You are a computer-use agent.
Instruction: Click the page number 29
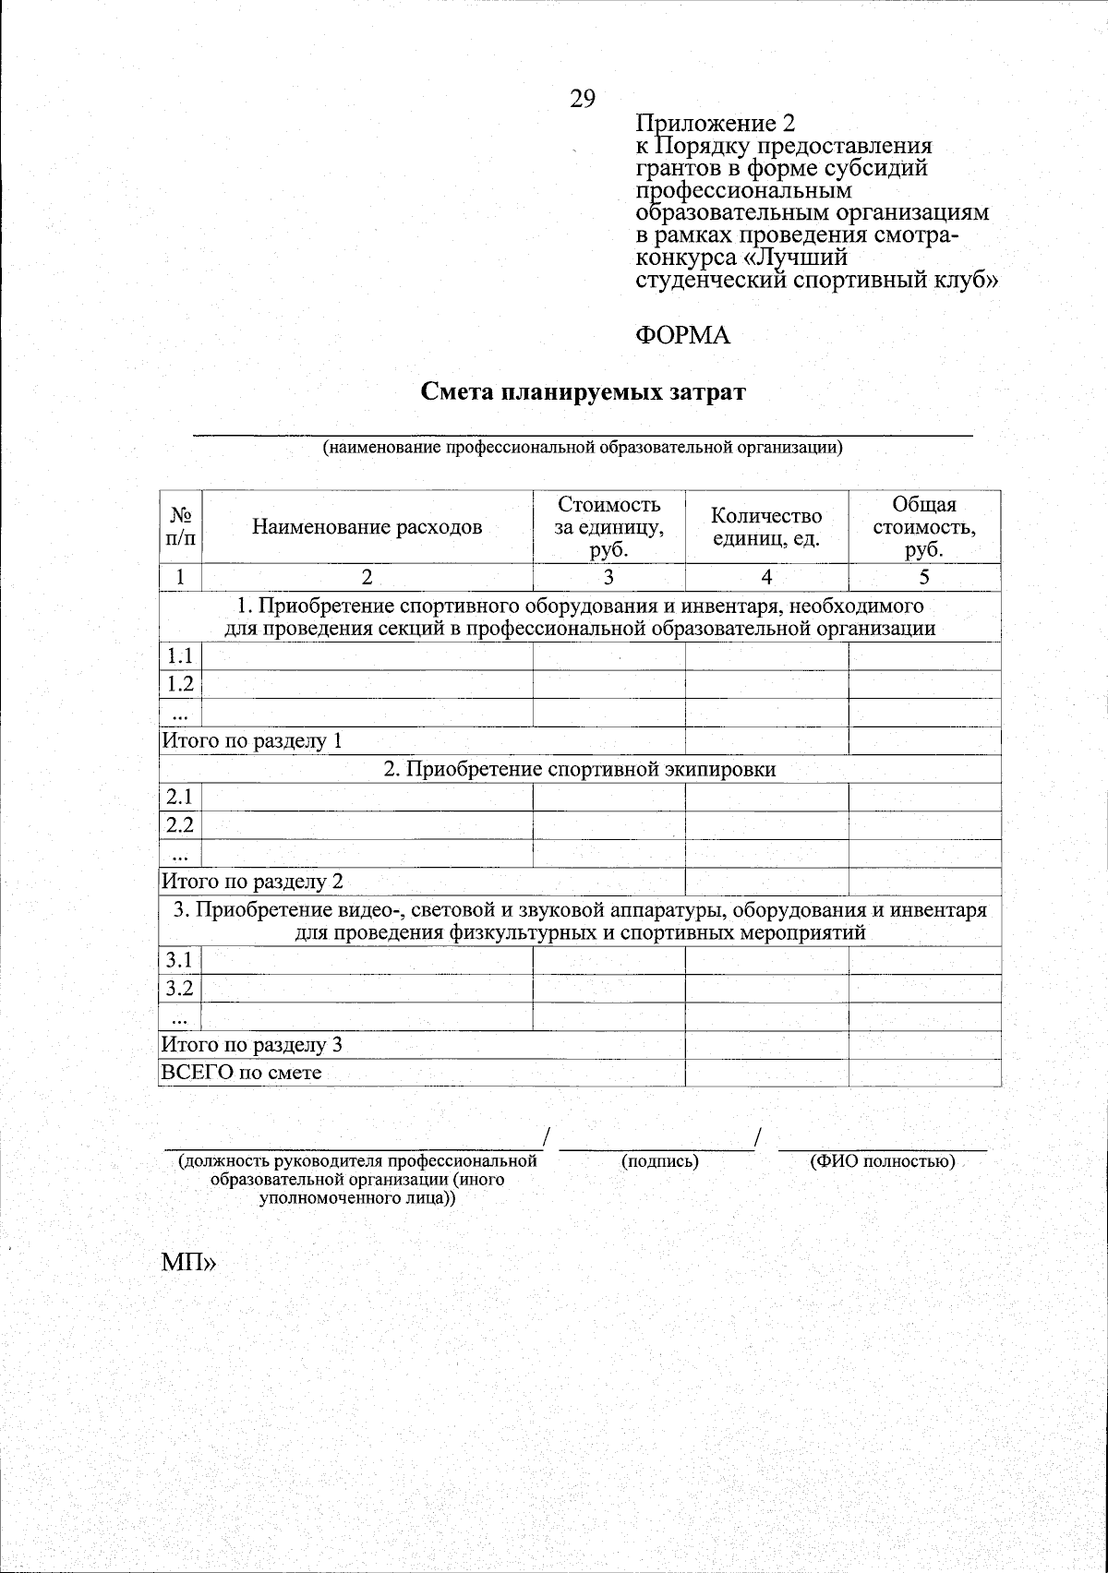pos(583,99)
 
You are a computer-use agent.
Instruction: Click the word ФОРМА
pos(682,336)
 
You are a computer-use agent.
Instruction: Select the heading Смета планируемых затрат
pos(583,392)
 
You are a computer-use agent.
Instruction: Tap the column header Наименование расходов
pos(367,527)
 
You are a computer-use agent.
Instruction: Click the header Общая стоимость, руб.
pos(924,527)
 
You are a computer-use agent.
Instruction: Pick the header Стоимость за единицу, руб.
pos(608,527)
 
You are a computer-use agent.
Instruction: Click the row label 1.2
pos(179,684)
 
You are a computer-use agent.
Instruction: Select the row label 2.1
pos(179,797)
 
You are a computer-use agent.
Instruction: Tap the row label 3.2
pos(179,989)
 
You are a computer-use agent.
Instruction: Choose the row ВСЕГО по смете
pos(242,1073)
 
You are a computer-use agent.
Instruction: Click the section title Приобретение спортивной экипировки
pos(580,769)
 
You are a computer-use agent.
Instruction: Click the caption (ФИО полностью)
pos(882,1161)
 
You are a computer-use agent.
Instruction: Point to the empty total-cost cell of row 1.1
pos(924,656)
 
